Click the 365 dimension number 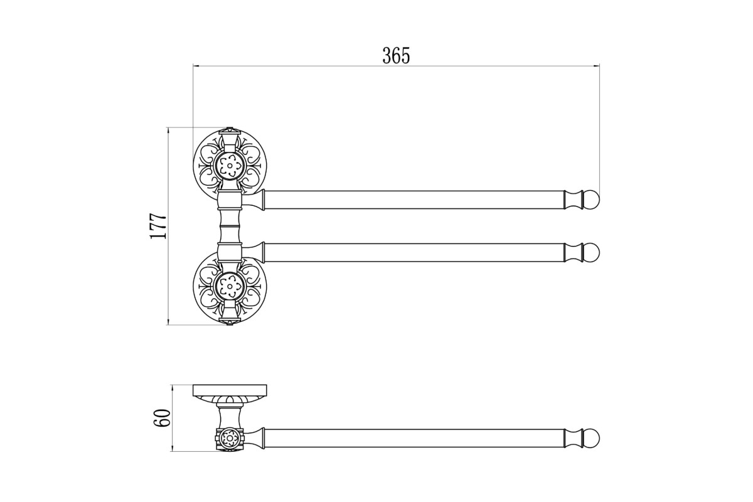[396, 56]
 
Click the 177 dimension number [158, 226]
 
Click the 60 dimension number [162, 418]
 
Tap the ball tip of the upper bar [592, 200]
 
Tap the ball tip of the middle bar [592, 252]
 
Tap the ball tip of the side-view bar [592, 438]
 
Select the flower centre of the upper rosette [230, 166]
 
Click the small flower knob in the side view [230, 438]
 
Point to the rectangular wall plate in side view [230, 390]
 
